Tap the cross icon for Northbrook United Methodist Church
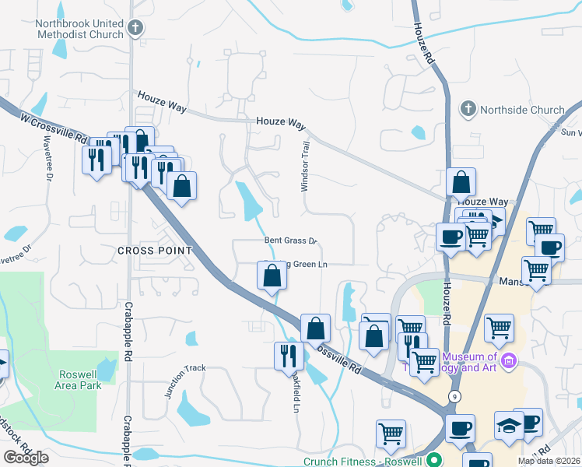point(135,29)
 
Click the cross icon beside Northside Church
point(468,107)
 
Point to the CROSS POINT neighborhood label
point(155,250)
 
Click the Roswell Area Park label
point(79,379)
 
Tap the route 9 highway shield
point(452,396)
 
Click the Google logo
point(26,458)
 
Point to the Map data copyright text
point(549,461)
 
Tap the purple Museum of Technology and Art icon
point(509,360)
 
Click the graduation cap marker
point(508,426)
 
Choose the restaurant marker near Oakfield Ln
point(289,355)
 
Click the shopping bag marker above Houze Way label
point(461,183)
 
